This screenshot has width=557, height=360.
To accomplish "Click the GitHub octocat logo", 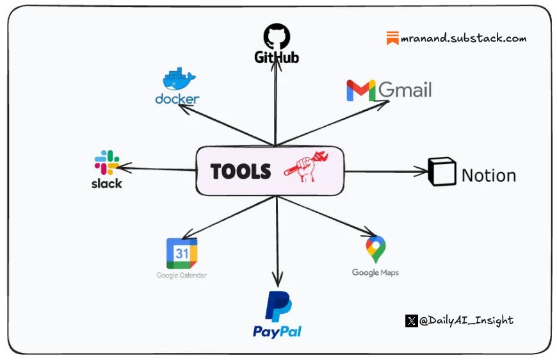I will [277, 36].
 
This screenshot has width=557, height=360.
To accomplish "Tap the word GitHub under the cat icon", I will [277, 58].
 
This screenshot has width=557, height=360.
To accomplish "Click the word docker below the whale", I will [177, 99].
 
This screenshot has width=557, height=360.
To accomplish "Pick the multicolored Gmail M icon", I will [360, 90].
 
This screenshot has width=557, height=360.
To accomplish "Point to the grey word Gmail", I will [405, 90].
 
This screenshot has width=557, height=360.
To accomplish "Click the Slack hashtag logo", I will [107, 163].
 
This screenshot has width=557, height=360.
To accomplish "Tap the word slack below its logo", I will [106, 183].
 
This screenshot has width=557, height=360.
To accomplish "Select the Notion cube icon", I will [442, 172].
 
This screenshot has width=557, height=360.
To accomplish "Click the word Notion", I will [488, 175].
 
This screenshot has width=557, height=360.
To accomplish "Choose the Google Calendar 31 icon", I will [182, 254].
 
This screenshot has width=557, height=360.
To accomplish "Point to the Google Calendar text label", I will [182, 275].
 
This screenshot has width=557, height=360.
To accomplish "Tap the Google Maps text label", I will [375, 272].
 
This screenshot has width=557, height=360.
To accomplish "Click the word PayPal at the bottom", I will [277, 331].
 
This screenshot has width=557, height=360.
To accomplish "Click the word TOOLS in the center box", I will [241, 171].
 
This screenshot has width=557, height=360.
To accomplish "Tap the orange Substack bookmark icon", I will [392, 38].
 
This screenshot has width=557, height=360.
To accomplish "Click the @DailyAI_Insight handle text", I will [466, 320].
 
